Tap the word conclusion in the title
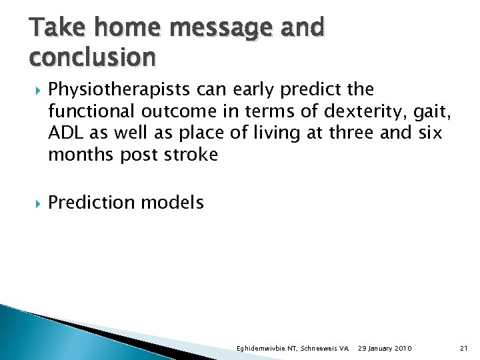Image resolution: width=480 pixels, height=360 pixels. pos(93,58)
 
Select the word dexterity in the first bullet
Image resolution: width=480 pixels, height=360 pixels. pos(365,111)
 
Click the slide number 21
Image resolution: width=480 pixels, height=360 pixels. pos(464,349)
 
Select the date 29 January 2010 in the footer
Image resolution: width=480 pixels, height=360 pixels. pos(385,349)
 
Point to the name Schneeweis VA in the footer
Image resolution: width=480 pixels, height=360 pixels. pos(325,349)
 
